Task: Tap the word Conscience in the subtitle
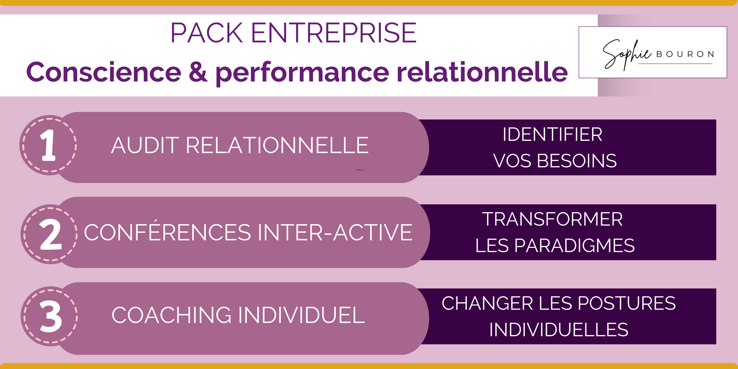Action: [x=104, y=72]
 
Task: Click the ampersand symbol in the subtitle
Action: [x=198, y=72]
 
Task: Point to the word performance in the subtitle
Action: [x=302, y=73]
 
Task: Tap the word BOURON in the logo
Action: [x=685, y=54]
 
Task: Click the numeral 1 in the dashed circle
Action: [x=48, y=145]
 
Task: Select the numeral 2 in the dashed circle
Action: [x=50, y=234]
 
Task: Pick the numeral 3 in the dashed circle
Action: [x=51, y=316]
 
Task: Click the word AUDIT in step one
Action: [x=145, y=146]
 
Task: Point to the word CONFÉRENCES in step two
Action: [x=167, y=232]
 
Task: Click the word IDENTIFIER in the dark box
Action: [x=552, y=135]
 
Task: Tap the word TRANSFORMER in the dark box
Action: [x=552, y=219]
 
